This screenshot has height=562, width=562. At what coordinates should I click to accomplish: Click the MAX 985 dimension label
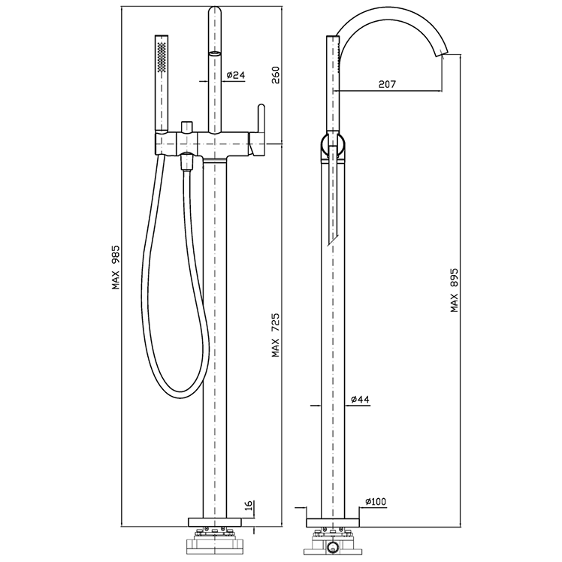tap(116, 267)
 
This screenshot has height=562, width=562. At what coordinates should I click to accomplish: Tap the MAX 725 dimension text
tap(276, 336)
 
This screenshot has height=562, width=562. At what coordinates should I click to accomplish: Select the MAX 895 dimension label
tap(455, 290)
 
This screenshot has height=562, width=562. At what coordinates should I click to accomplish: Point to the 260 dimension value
tap(276, 75)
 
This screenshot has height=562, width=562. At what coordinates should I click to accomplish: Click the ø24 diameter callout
tap(235, 75)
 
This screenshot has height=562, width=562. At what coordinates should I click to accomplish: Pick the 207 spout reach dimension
tap(388, 84)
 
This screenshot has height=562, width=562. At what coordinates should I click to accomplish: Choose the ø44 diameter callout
tap(360, 399)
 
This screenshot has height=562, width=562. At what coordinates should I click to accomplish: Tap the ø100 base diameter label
tap(376, 501)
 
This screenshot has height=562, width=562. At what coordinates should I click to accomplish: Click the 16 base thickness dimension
tap(249, 506)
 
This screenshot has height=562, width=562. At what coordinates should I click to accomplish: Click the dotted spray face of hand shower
tap(162, 57)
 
